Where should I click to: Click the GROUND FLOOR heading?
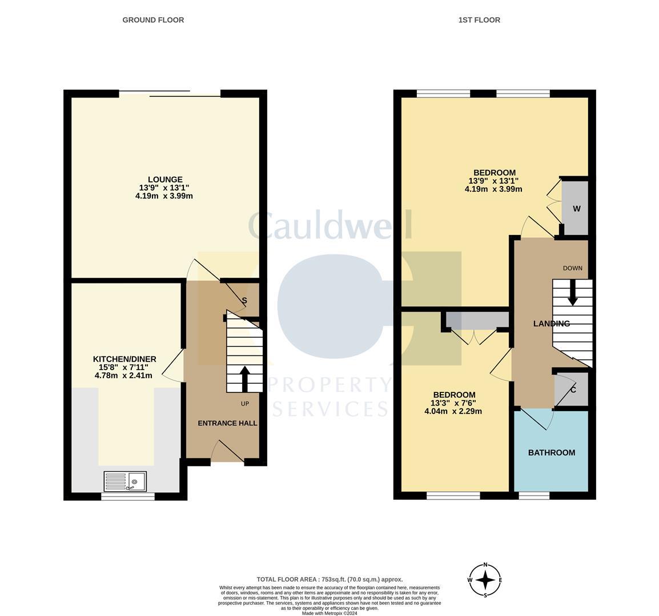(x=153, y=20)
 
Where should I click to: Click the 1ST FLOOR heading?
(x=479, y=20)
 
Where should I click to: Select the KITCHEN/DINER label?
(x=124, y=359)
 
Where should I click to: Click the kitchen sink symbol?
(x=125, y=481)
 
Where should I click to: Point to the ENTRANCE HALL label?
(x=227, y=423)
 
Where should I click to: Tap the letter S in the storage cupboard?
(x=244, y=300)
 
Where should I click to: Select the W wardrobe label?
(x=576, y=209)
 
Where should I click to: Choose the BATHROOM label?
(x=551, y=453)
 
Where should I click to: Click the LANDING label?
(x=551, y=323)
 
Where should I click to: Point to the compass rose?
(x=485, y=579)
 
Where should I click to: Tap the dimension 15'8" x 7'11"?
(x=124, y=367)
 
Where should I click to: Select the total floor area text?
(x=329, y=579)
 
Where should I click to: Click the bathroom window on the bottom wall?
(x=534, y=496)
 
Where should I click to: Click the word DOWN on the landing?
(x=572, y=268)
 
